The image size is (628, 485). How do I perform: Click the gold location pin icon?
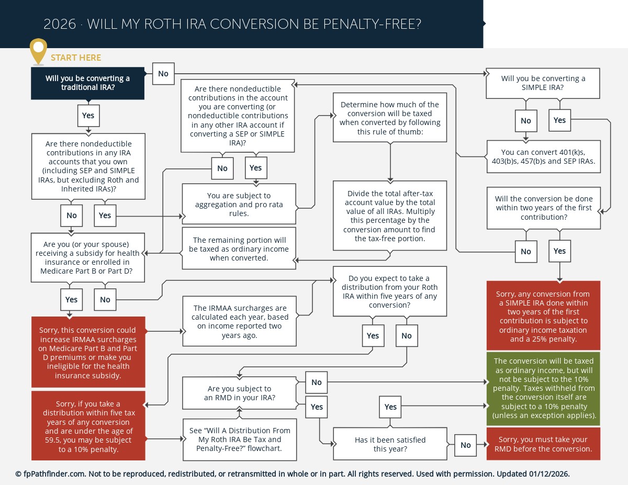pyautogui.click(x=38, y=50)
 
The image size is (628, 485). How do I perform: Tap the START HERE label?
pyautogui.click(x=76, y=58)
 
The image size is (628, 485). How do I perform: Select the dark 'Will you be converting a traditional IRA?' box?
pyautogui.click(x=87, y=83)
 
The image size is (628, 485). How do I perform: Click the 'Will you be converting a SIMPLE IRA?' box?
pyautogui.click(x=543, y=83)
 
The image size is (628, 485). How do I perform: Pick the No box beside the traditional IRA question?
pyautogui.click(x=163, y=74)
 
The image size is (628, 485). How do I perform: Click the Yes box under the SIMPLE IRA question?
pyautogui.click(x=559, y=120)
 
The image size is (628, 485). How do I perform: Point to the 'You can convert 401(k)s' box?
pyautogui.click(x=543, y=156)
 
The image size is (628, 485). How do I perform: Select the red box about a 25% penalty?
pyautogui.click(x=543, y=315)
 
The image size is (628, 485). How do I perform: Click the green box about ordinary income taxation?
pyautogui.click(x=543, y=389)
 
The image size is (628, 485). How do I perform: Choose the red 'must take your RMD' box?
pyautogui.click(x=543, y=444)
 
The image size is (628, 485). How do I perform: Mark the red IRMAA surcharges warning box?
pyautogui.click(x=88, y=353)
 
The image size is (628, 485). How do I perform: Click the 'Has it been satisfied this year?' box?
pyautogui.click(x=390, y=444)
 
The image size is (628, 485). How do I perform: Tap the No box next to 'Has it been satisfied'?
pyautogui.click(x=466, y=445)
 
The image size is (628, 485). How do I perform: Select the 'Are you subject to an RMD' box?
pyautogui.click(x=239, y=393)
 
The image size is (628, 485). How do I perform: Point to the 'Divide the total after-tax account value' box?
pyautogui.click(x=390, y=216)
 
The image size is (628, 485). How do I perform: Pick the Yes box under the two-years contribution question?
pyautogui.click(x=559, y=251)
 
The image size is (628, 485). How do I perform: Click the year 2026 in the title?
pyautogui.click(x=60, y=25)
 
